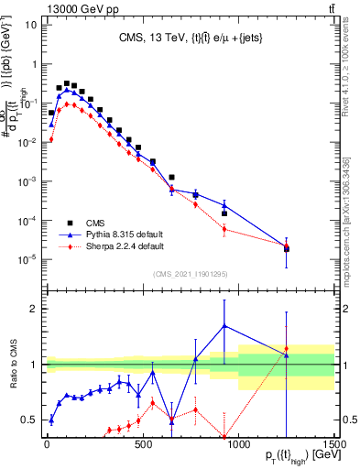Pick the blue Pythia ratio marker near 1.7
[224, 325]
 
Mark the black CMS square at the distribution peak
[67, 82]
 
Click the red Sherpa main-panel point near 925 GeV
[224, 228]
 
